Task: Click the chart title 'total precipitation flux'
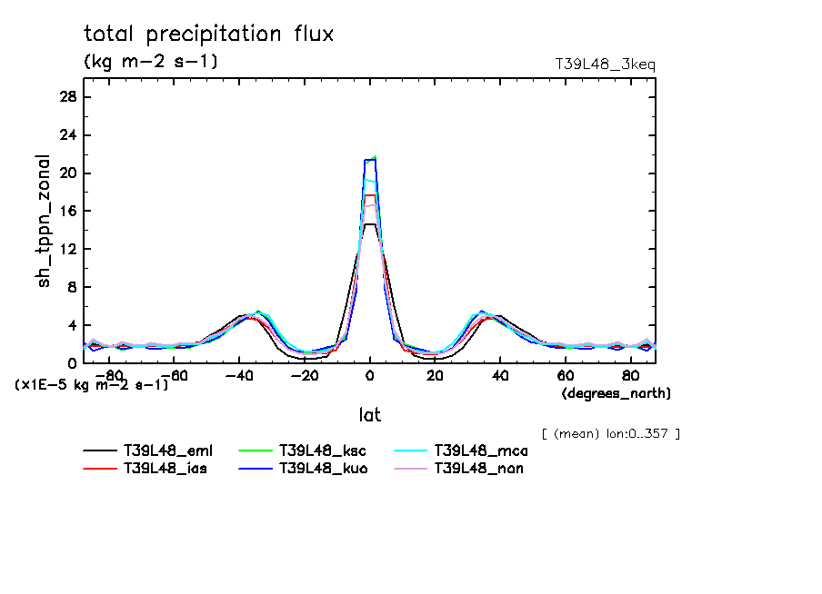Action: [208, 35]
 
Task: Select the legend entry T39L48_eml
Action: [164, 450]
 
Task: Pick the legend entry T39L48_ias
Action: [164, 469]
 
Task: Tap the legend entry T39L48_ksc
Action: [319, 450]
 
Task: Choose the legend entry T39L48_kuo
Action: [319, 469]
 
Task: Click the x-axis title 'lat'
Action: [369, 415]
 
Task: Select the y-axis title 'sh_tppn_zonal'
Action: [45, 221]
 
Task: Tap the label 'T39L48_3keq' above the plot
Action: [605, 64]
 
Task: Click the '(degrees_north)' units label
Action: [616, 393]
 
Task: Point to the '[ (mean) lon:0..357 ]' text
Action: [610, 433]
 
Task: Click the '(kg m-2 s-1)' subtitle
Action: [151, 62]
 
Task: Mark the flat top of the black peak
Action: [370, 224]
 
